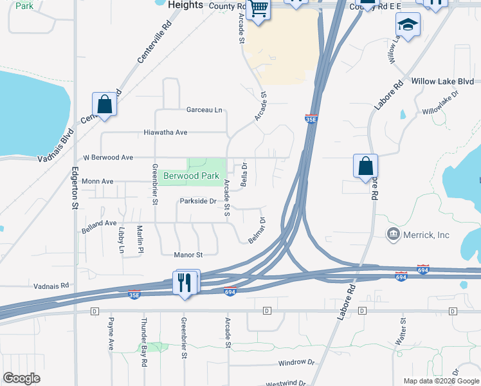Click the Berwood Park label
(x=191, y=176)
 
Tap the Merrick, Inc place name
(x=426, y=235)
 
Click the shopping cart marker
(x=258, y=10)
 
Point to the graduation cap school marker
(x=406, y=26)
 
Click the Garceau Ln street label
(x=204, y=110)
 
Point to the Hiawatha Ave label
(x=165, y=133)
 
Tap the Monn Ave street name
(x=97, y=181)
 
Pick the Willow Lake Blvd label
(x=442, y=82)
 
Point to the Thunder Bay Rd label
(x=144, y=336)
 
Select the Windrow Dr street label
(x=296, y=363)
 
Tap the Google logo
(x=21, y=378)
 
